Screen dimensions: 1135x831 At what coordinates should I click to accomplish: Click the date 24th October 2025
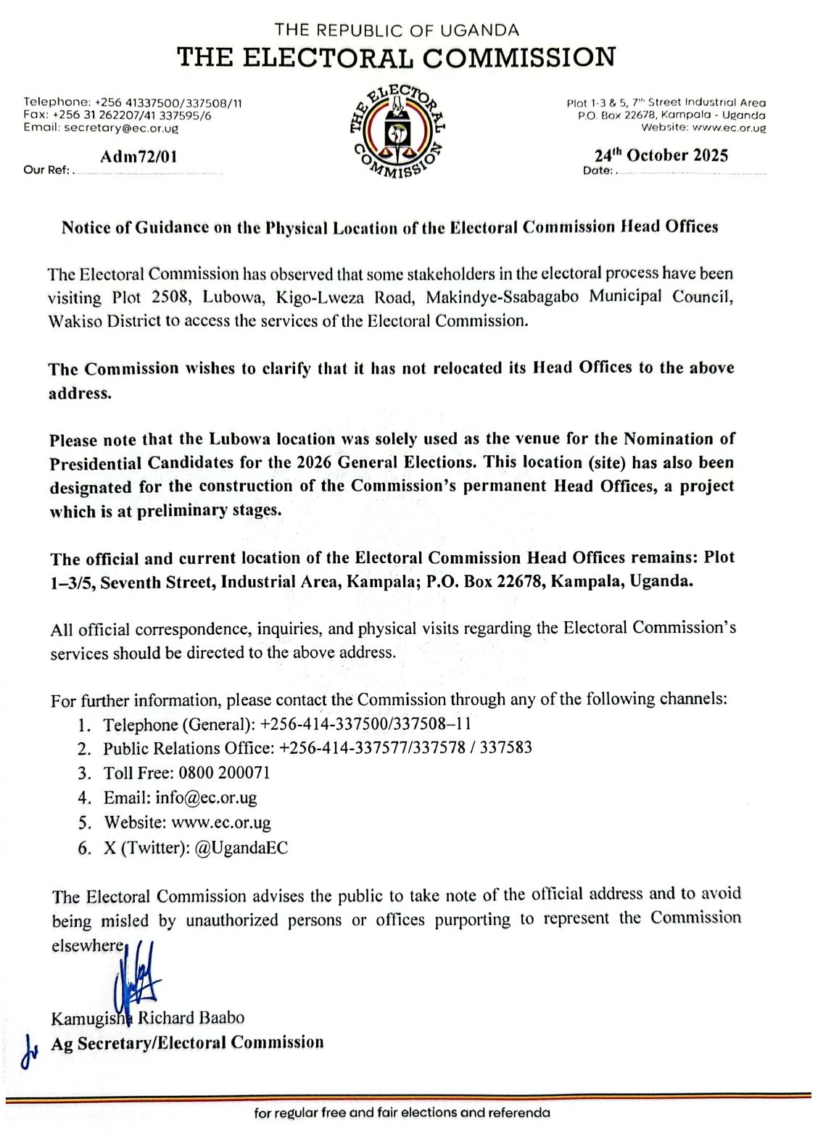click(661, 155)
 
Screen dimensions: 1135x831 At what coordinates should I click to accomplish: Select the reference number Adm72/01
click(138, 156)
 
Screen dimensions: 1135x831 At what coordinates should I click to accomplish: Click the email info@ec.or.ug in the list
click(206, 798)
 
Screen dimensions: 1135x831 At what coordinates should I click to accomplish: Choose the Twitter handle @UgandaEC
click(241, 848)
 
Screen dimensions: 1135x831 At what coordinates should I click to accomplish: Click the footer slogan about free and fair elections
click(401, 1113)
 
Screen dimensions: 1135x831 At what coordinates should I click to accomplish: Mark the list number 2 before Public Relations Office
click(85, 749)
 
